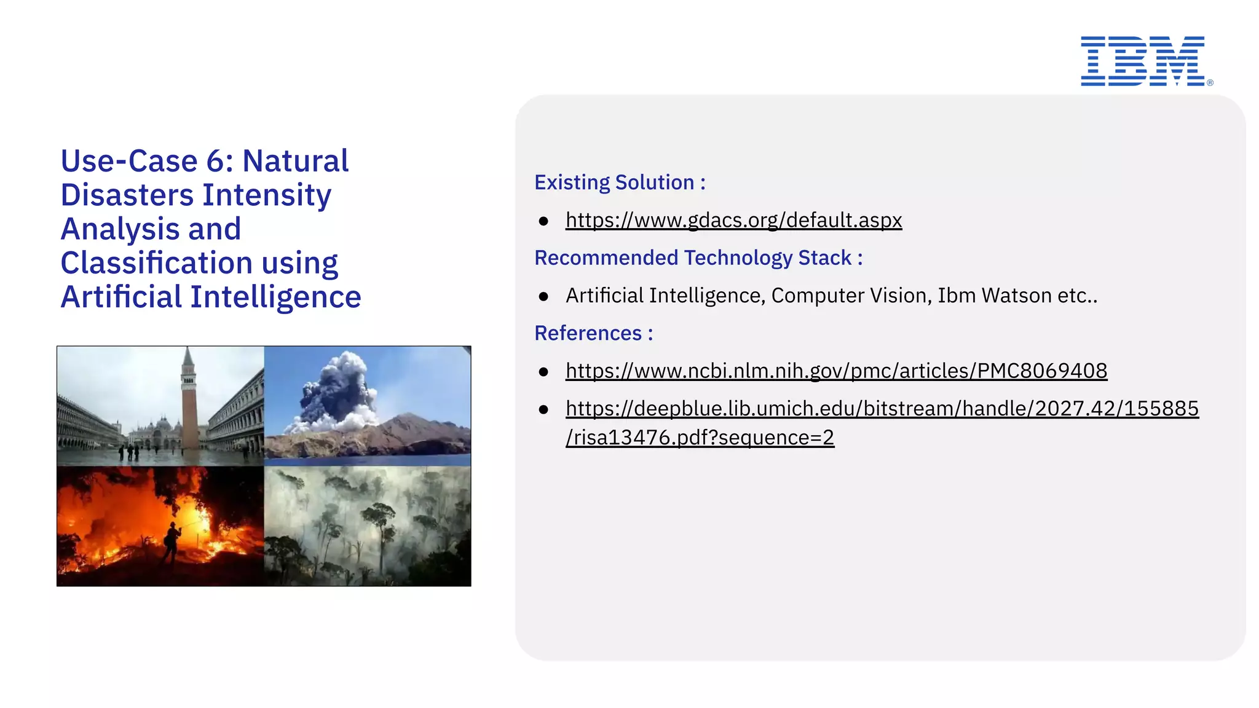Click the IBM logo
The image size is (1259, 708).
[x=1142, y=61]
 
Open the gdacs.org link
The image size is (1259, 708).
[x=733, y=220]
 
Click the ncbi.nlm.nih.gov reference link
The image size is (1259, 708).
[x=836, y=371]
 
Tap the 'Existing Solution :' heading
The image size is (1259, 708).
[x=620, y=183]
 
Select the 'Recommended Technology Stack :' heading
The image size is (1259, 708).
[x=698, y=258]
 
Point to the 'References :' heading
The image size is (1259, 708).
[x=593, y=333]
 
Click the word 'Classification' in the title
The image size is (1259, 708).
[x=156, y=263]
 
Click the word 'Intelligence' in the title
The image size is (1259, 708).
[x=275, y=297]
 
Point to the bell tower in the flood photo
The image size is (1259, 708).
[x=189, y=399]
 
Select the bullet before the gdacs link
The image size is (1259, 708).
[x=543, y=221]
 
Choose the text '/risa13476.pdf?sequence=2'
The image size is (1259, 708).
[x=700, y=438]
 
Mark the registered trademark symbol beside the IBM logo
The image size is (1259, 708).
[x=1210, y=82]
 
